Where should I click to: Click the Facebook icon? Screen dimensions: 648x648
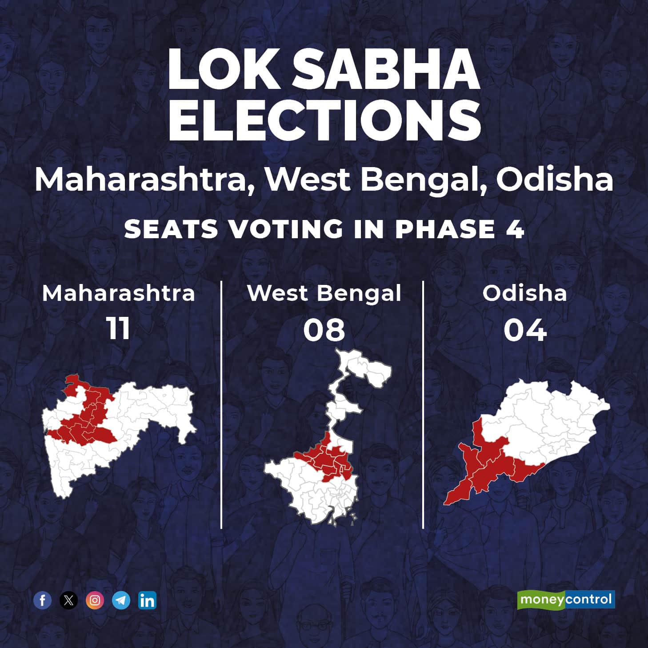click(43, 600)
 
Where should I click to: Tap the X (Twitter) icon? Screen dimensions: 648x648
click(68, 600)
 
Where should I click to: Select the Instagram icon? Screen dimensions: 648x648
click(95, 600)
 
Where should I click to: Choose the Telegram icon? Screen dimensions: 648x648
click(121, 600)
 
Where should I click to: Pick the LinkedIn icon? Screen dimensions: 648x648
click(147, 600)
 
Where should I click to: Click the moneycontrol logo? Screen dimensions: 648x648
click(566, 600)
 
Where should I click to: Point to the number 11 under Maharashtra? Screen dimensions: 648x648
click(118, 329)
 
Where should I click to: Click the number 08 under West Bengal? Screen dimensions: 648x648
click(324, 330)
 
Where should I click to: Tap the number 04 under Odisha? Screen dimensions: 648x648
click(525, 330)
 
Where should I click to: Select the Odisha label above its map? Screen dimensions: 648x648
click(525, 293)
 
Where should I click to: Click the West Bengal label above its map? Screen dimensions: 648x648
click(324, 293)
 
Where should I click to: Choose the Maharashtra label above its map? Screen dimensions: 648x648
click(118, 293)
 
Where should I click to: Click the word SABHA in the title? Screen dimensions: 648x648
click(386, 70)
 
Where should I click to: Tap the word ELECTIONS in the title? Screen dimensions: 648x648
click(324, 120)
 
